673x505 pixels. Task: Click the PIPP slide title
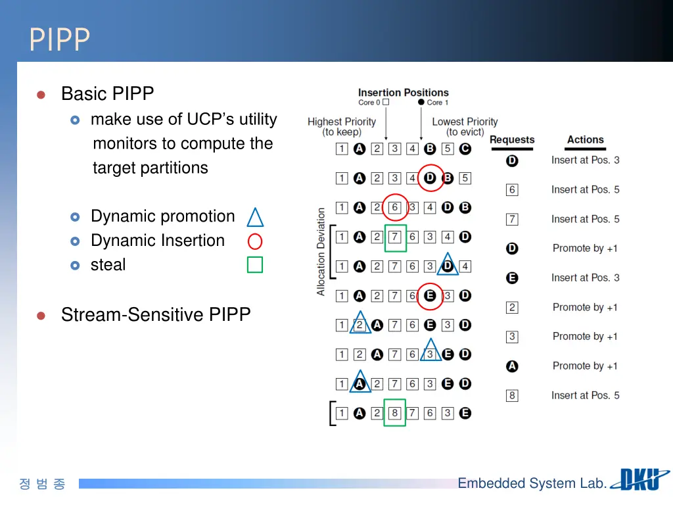tap(59, 39)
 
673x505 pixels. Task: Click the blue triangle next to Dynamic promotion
tap(255, 217)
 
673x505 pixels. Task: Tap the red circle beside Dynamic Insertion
tap(255, 241)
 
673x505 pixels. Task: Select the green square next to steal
tap(255, 265)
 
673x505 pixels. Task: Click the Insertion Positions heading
tap(403, 93)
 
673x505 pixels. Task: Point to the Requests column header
tap(512, 140)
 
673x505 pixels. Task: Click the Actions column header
tap(585, 140)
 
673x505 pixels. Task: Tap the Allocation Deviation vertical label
tap(321, 252)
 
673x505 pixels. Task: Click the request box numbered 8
tap(512, 396)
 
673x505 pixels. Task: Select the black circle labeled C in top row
tap(465, 149)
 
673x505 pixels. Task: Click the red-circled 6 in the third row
tap(395, 208)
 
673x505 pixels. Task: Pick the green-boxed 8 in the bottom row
tap(395, 413)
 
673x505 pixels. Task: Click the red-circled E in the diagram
tap(430, 296)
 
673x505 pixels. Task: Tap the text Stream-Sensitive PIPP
tap(156, 315)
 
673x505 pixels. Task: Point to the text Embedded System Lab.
tap(532, 483)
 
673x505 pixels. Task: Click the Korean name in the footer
tap(42, 484)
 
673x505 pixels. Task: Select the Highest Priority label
tap(342, 126)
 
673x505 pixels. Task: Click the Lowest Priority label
tap(465, 126)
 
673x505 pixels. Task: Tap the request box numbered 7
tap(512, 219)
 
